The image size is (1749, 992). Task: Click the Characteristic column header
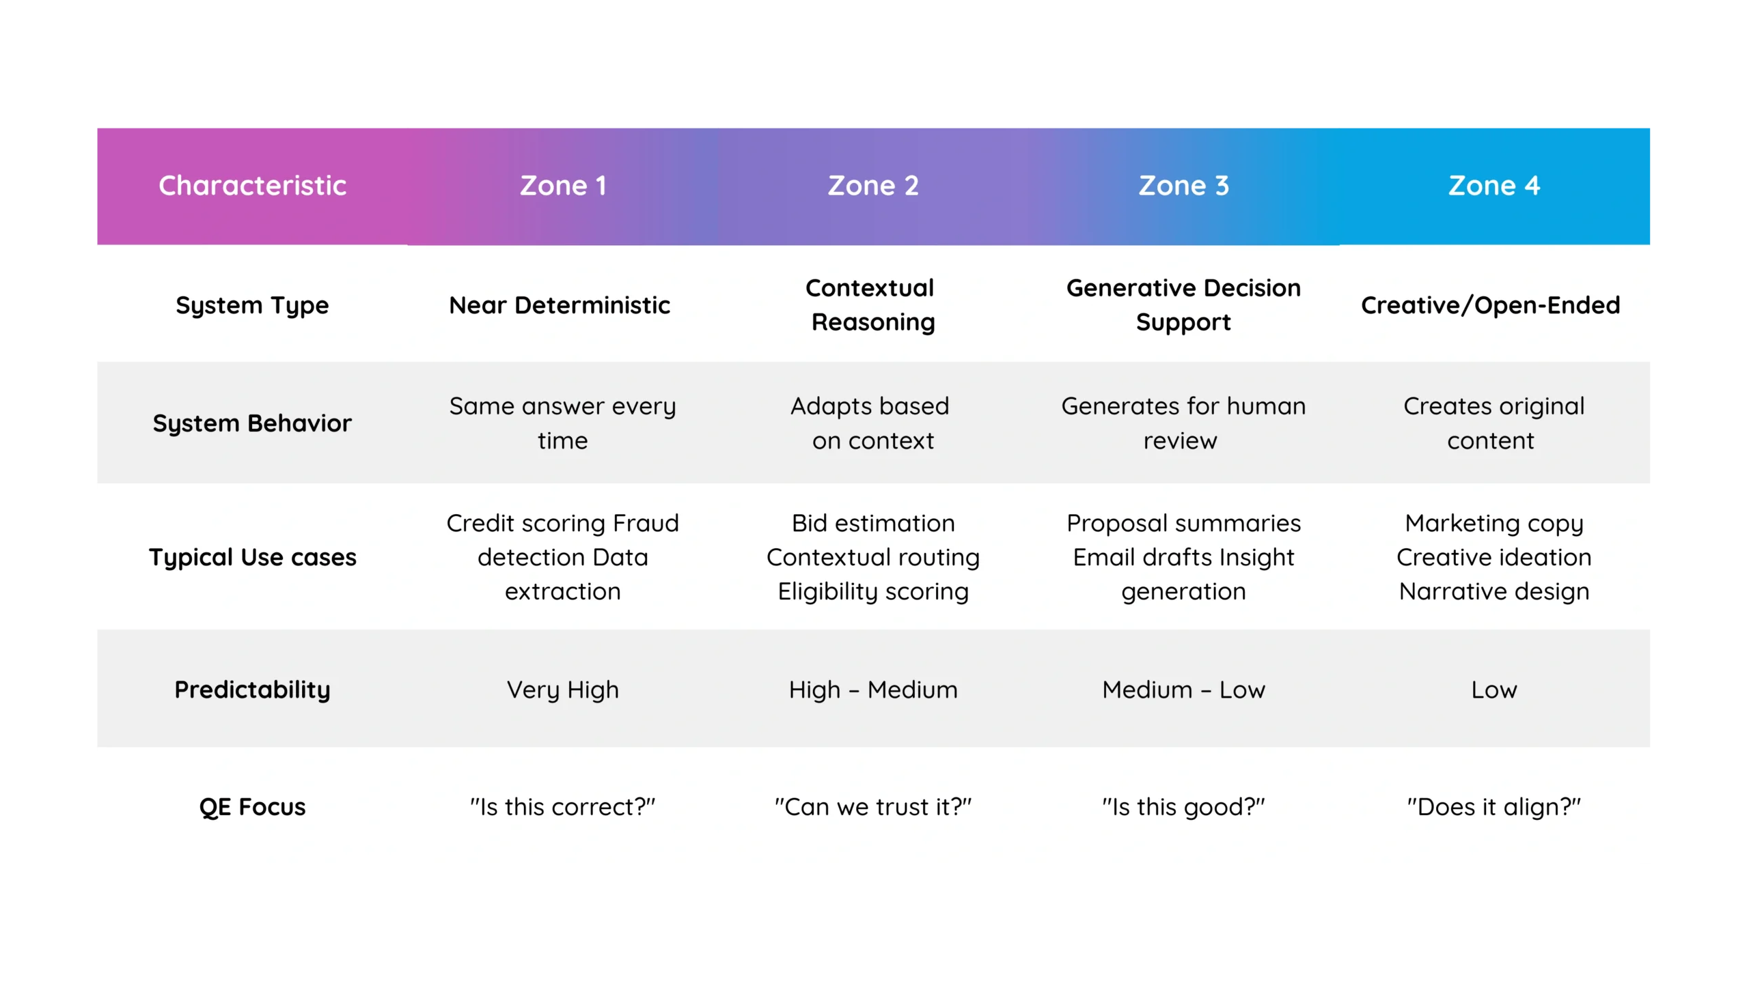[252, 186]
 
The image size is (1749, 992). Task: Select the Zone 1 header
[563, 186]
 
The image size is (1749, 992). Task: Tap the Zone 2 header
[873, 186]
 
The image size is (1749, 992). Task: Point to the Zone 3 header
[1183, 186]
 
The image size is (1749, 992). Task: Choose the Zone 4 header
[1494, 186]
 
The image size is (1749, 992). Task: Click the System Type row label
[252, 305]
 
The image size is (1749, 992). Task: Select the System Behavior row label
[252, 423]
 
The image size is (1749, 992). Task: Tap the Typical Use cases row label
[252, 557]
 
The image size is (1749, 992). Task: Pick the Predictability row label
[252, 690]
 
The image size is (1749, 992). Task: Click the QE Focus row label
[252, 807]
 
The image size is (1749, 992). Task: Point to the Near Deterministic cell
[560, 305]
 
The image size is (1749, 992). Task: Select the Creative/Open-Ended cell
[1491, 305]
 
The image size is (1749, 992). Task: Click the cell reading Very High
[563, 690]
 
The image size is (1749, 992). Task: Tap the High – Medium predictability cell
[873, 690]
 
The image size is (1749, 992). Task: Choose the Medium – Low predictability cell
[1183, 690]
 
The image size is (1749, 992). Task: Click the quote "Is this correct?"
[563, 807]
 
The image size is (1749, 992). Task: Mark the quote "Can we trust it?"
[873, 807]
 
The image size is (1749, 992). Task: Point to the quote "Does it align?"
[1494, 807]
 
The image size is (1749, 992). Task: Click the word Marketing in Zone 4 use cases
[1461, 524]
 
